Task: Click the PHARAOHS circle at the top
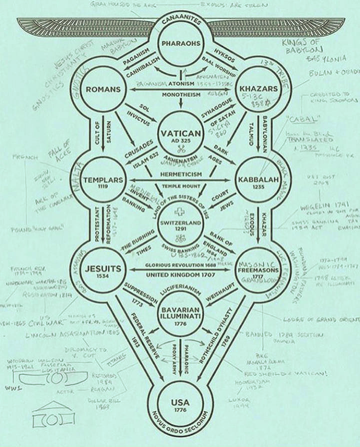coord(181,44)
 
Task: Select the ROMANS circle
coord(103,90)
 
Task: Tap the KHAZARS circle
coord(259,90)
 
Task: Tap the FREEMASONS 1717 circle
coord(259,270)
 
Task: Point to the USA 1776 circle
coord(180,404)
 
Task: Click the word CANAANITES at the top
coord(181,21)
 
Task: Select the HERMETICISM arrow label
coord(181,174)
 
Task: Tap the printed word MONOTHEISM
coord(181,94)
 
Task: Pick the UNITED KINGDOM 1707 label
coord(181,274)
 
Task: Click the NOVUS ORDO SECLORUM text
coord(180,429)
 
